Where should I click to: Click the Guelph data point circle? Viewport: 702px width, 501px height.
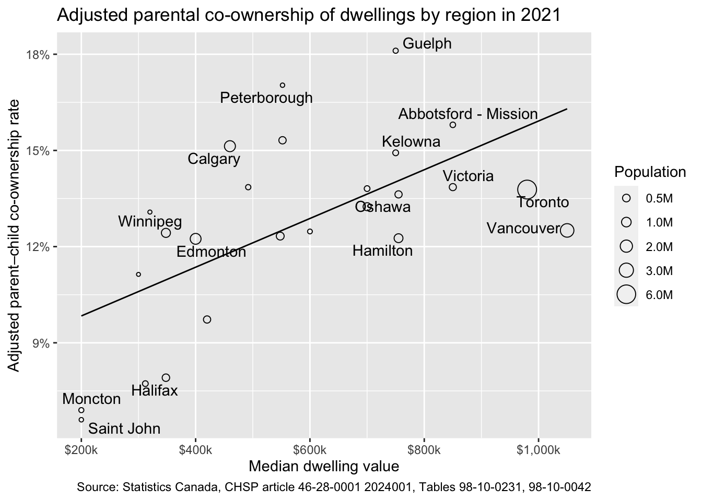395,51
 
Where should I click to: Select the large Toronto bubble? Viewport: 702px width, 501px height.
527,189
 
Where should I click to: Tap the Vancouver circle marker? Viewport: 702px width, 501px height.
567,230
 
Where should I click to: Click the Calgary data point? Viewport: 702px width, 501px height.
230,147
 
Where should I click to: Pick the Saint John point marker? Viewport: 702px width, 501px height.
81,420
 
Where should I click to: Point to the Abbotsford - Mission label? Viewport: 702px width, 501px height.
468,114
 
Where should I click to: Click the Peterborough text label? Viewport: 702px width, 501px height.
266,98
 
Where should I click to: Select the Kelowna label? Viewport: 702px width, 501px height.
411,141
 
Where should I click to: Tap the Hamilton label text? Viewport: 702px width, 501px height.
382,251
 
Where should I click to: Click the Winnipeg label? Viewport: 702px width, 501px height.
150,222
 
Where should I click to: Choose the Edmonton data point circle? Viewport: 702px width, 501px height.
195,238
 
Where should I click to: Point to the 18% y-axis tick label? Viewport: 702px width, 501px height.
41,54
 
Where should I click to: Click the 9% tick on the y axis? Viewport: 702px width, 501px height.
43,343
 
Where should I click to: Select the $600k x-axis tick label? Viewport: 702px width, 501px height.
310,449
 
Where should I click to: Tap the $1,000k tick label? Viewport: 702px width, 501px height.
539,449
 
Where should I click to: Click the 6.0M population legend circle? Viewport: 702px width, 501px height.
626,294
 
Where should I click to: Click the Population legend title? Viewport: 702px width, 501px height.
650,172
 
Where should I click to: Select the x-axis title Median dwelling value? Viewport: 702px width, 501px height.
324,466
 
